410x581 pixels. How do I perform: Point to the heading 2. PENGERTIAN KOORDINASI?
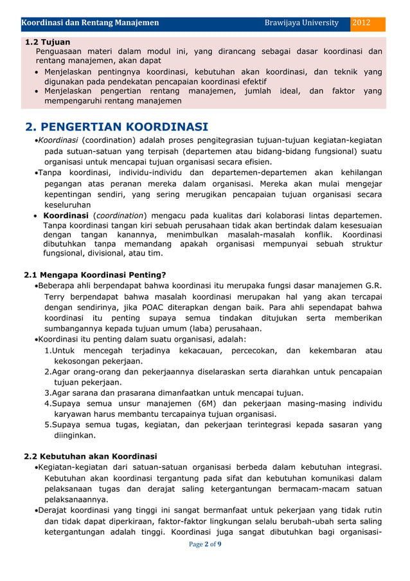click(116, 125)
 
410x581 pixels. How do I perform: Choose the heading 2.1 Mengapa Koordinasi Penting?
click(94, 275)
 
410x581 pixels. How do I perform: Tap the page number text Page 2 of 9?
click(205, 544)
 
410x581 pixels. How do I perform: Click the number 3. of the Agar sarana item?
click(48, 393)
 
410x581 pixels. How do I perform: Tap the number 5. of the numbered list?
click(48, 425)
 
